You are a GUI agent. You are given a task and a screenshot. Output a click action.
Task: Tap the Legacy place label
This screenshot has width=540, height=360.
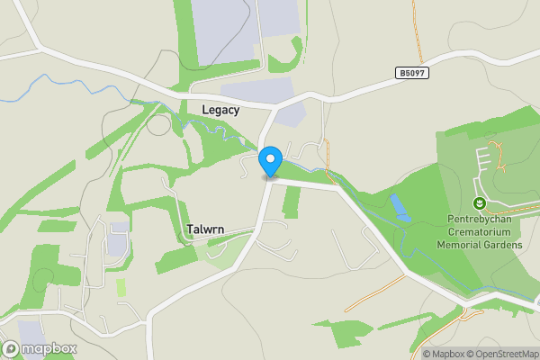[220, 110]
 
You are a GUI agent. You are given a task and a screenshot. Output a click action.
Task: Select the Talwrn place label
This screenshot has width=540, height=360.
[205, 229]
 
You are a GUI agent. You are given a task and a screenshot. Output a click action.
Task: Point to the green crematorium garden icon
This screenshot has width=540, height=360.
[480, 202]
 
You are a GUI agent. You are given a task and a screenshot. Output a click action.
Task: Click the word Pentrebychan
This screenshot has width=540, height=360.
[480, 219]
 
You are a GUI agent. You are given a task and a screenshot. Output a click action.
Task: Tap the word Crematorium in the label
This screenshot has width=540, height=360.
[480, 231]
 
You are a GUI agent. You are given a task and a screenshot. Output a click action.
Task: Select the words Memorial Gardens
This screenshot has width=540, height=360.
[480, 244]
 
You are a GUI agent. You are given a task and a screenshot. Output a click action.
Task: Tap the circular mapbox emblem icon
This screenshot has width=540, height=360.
[11, 348]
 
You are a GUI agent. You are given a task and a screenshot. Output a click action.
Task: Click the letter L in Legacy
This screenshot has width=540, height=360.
[205, 110]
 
